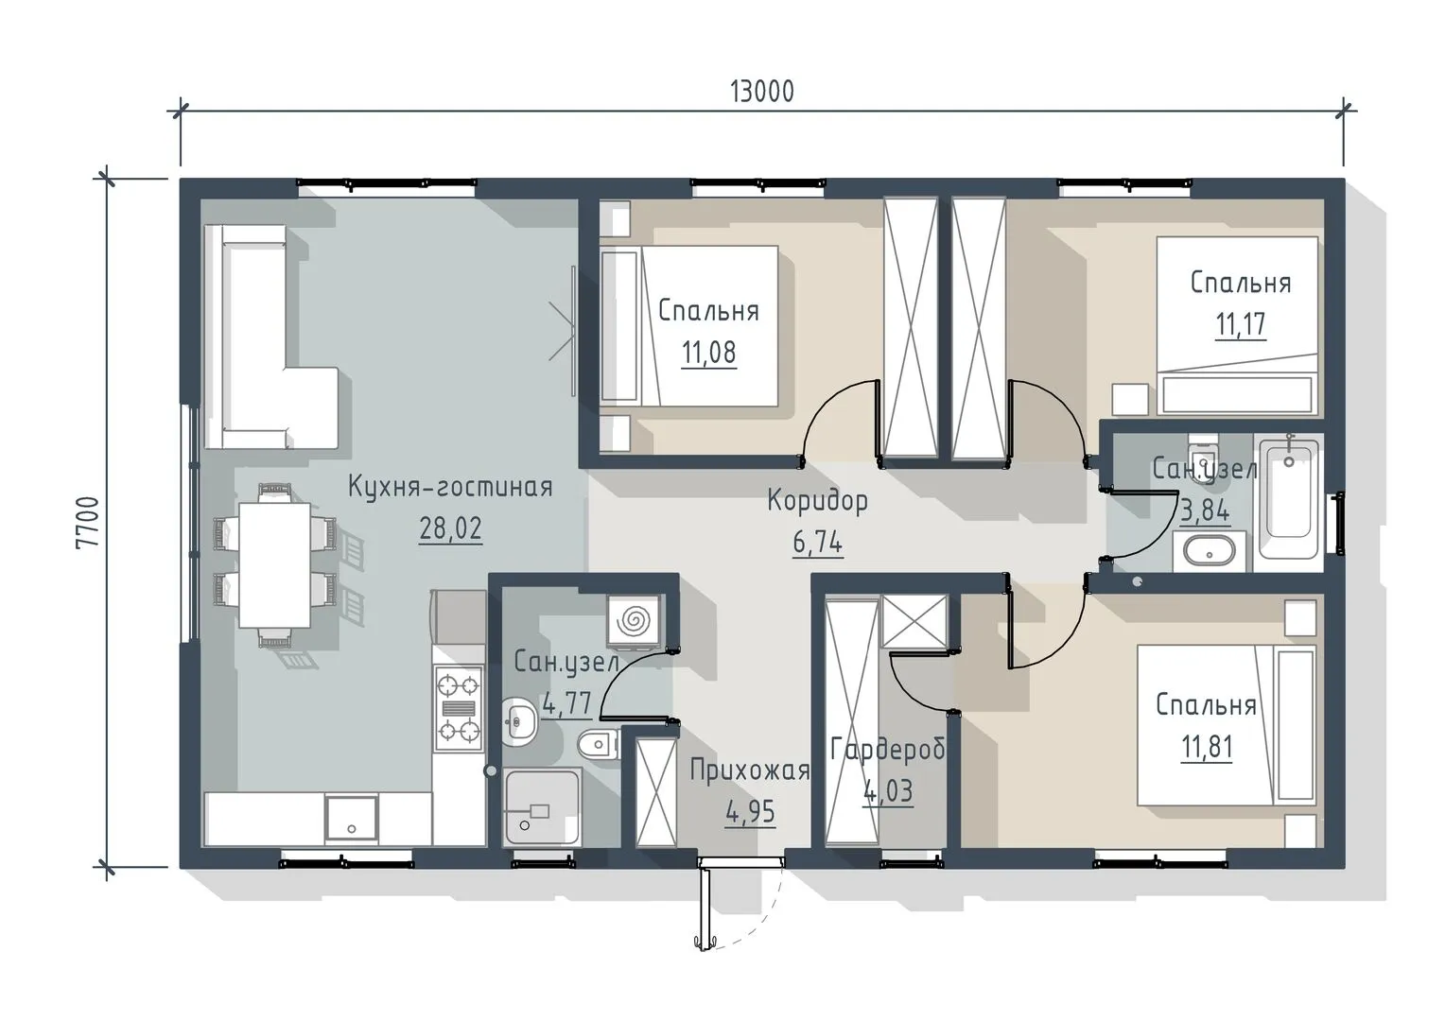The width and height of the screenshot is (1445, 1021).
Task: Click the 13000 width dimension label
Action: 761,92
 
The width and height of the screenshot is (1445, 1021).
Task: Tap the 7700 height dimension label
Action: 88,523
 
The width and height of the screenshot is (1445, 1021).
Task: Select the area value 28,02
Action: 450,528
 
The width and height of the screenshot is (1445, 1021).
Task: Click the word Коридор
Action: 817,501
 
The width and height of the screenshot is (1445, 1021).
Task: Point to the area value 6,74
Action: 817,543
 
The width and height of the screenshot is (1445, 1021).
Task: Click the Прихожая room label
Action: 750,770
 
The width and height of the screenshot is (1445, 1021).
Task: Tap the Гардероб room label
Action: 888,750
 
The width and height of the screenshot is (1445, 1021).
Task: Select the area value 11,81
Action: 1207,747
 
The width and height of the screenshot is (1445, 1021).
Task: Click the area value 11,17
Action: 1241,324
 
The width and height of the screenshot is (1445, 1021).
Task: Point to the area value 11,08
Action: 708,353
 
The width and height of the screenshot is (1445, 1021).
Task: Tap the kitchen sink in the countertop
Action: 351,819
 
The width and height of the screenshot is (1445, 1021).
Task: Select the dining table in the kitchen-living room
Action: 275,565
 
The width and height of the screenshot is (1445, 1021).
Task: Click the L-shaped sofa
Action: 270,337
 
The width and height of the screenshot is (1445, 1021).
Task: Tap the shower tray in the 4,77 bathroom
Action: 543,806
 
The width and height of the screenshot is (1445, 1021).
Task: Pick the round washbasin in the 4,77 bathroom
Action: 518,721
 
